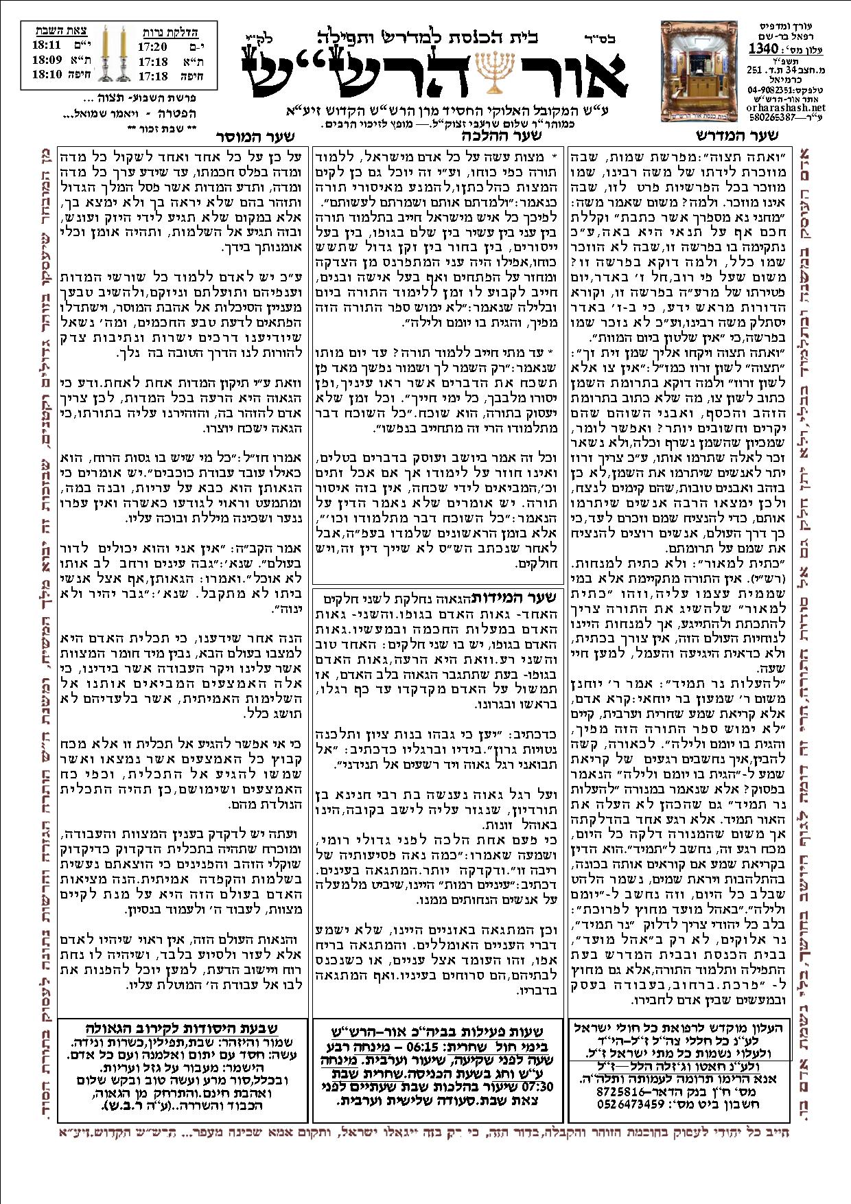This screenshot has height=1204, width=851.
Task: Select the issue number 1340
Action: point(762,49)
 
